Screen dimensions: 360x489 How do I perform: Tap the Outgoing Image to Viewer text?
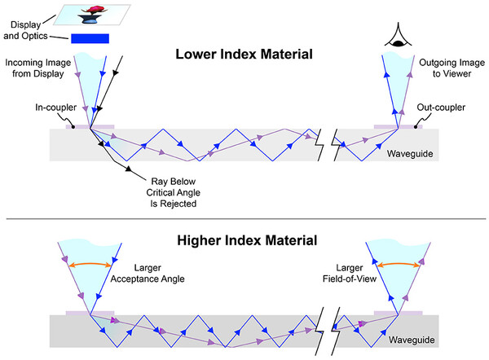click(452, 68)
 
